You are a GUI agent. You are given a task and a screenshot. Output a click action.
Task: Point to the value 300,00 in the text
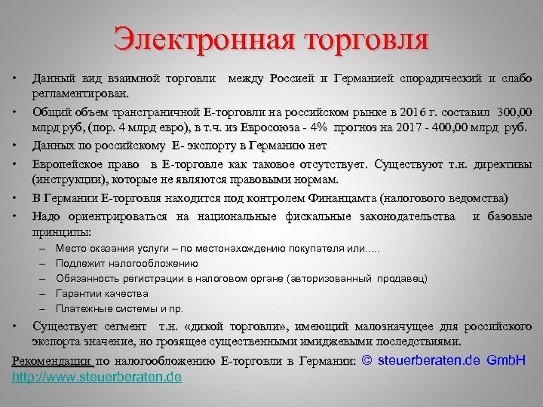[511, 111]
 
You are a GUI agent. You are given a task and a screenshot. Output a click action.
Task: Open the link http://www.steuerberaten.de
[97, 376]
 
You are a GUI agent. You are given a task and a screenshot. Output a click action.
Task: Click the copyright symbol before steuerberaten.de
[367, 361]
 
